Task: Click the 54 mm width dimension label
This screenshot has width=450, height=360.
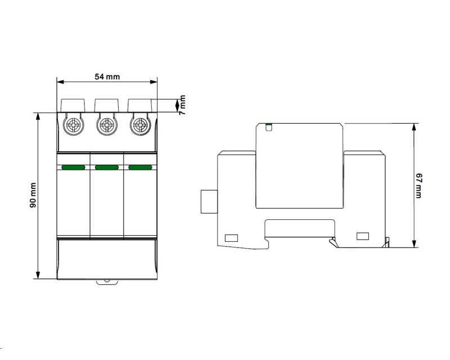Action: (107, 76)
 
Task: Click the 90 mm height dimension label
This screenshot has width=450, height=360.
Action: (33, 195)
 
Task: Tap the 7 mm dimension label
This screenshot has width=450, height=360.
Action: (182, 105)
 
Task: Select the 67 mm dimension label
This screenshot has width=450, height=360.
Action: (418, 186)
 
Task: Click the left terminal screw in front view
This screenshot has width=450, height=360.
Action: (74, 125)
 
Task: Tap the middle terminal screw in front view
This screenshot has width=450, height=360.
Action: (107, 125)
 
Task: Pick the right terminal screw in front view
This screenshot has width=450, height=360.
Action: (140, 125)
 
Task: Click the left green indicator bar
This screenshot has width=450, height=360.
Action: (74, 168)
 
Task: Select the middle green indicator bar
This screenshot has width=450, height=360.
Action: (107, 168)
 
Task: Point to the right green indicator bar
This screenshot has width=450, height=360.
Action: (140, 168)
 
